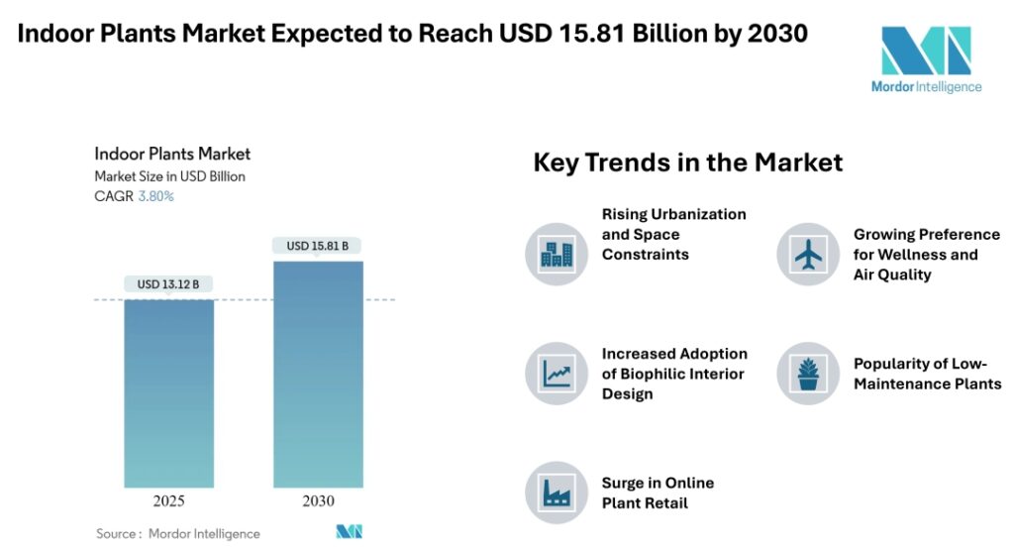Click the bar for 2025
[168, 392]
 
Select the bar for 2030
[318, 374]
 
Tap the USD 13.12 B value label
[168, 284]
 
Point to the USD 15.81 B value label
[317, 246]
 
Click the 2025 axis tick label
[168, 501]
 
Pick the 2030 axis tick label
[318, 501]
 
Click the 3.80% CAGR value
[155, 196]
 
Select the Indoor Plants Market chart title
[172, 154]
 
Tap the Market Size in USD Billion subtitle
[169, 176]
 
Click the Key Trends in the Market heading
[688, 163]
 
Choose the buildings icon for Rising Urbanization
[557, 255]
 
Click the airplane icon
[808, 255]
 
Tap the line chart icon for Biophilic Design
[557, 374]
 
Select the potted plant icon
[808, 374]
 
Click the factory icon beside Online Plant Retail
[557, 493]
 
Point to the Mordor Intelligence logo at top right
[926, 59]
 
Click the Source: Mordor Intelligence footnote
[178, 533]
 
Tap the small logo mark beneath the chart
[350, 532]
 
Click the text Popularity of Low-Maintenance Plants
[927, 374]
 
